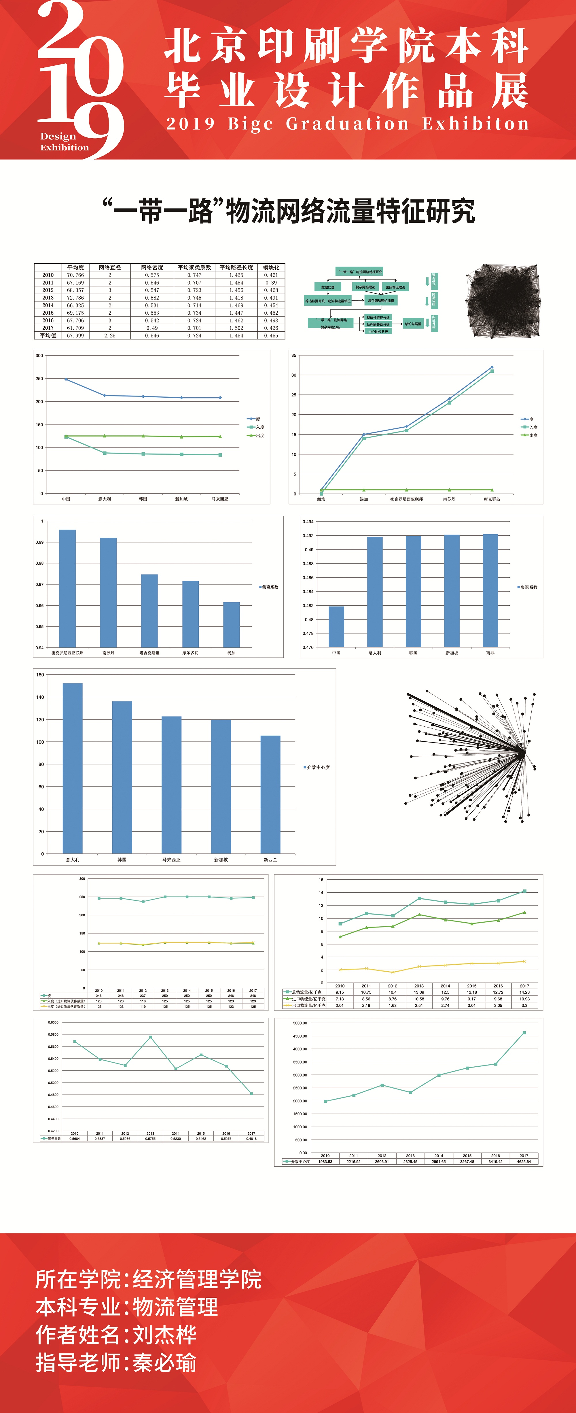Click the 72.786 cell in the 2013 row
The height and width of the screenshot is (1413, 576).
75,298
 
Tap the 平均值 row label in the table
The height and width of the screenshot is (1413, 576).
48,335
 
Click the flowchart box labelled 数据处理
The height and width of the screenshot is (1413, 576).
328,287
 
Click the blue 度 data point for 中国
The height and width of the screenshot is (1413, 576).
66,379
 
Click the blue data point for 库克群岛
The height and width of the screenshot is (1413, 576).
492,367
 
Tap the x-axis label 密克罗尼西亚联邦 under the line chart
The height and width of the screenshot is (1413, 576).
406,499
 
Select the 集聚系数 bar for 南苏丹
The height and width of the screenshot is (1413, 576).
109,592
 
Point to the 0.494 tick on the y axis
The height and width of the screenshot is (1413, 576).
308,522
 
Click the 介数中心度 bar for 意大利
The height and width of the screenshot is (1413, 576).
73,768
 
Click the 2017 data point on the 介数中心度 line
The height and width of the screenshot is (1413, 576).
524,1033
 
